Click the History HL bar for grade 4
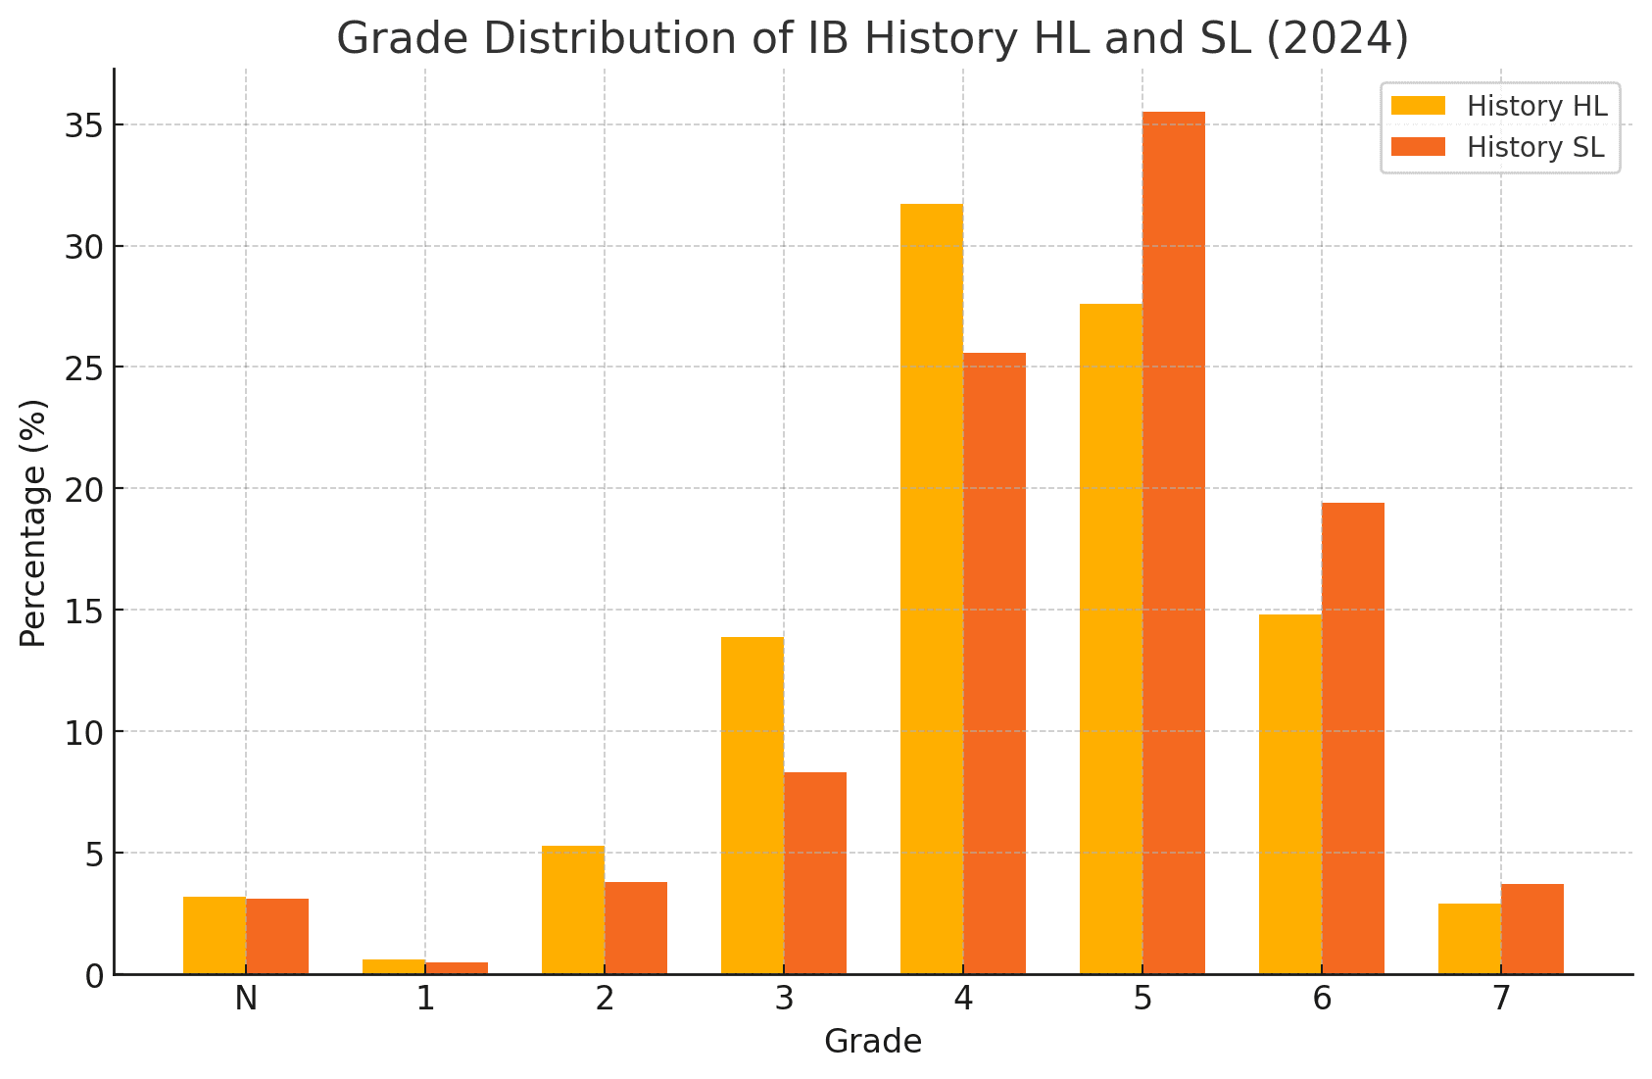[932, 589]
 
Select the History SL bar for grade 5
[1174, 543]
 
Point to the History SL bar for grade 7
[1532, 929]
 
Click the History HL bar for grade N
[215, 935]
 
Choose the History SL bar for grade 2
[636, 928]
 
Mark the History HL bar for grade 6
[1290, 794]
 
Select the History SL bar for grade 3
[815, 873]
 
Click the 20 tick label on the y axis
[85, 489]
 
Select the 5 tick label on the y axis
[95, 854]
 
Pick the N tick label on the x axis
[246, 999]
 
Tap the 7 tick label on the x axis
[1501, 999]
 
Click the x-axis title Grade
[873, 1042]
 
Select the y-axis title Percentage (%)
[33, 522]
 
